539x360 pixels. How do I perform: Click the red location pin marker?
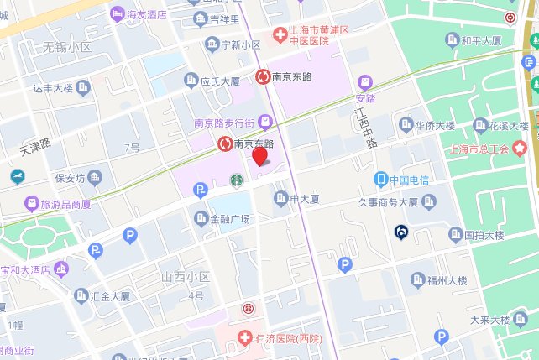(260, 155)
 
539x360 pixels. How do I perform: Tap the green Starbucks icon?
(237, 179)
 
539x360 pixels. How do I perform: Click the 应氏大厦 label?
(221, 81)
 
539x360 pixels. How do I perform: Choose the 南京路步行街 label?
(223, 123)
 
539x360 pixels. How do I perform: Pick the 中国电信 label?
(408, 179)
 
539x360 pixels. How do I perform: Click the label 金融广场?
(230, 220)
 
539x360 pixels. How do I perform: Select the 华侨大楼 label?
(434, 125)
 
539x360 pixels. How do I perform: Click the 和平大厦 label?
(481, 40)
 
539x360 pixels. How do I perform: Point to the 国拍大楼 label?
(488, 235)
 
